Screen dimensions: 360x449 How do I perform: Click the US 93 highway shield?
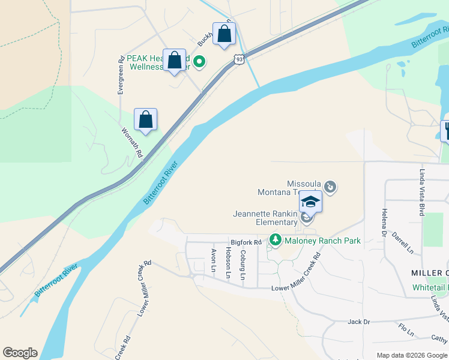[239, 59]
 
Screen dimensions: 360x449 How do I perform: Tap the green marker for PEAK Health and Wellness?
[202, 61]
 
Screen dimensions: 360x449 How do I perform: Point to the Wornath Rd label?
[132, 142]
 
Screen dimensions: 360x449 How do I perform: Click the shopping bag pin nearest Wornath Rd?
[146, 120]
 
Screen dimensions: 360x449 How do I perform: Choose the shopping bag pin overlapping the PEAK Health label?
[175, 61]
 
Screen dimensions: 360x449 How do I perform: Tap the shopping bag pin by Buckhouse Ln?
[224, 34]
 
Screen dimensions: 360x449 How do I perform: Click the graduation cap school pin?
[310, 202]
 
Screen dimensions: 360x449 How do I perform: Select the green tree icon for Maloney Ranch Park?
[275, 240]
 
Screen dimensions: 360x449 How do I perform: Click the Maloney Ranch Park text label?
[322, 241]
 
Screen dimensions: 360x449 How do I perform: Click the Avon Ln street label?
[213, 260]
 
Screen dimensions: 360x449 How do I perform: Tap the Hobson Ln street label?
[228, 262]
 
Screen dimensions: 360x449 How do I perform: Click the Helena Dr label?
[382, 223]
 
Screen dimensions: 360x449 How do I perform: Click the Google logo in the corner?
[20, 353]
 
